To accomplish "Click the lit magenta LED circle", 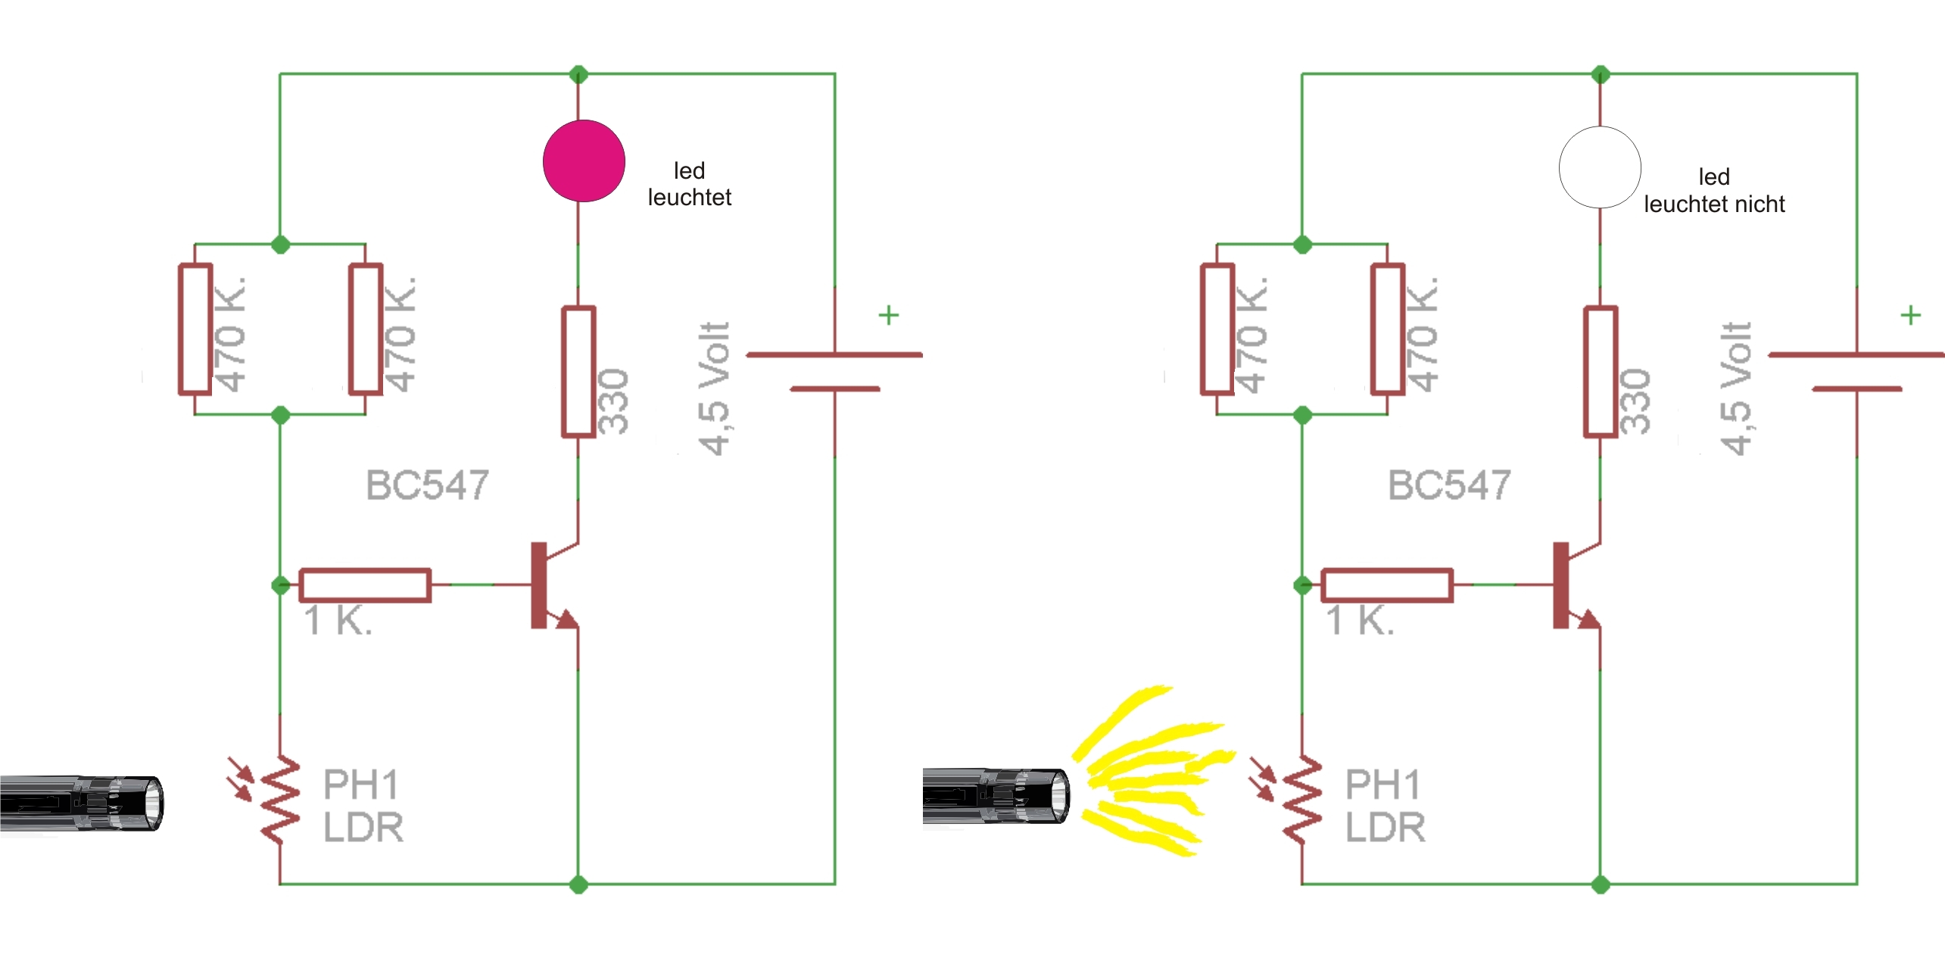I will tap(583, 161).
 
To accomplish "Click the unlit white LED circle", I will tap(1599, 167).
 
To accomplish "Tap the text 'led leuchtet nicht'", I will tap(1713, 191).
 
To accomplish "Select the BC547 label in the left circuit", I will tap(427, 485).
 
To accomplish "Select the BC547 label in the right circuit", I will tap(1448, 485).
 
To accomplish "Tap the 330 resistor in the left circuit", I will tap(578, 372).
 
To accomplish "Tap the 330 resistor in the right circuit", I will tap(1601, 372).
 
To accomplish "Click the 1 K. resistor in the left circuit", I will tap(365, 585).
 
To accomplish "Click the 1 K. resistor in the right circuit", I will tap(1386, 585).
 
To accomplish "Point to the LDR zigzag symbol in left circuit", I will tap(280, 799).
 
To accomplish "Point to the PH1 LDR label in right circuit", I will tap(1384, 806).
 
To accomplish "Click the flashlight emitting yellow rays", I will tap(996, 795).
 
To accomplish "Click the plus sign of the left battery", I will tap(888, 315).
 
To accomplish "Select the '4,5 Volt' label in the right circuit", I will tap(1735, 389).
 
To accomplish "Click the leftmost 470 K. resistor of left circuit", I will tap(195, 329).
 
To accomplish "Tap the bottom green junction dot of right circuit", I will tap(1600, 884).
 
